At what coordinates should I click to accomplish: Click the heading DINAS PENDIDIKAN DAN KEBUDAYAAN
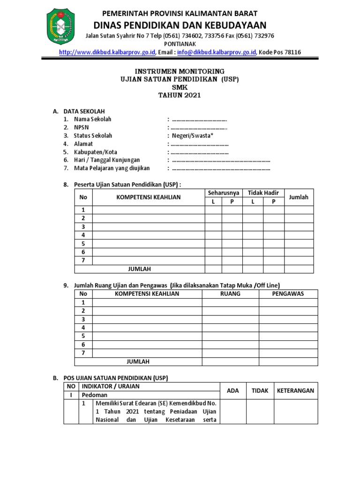pyautogui.click(x=180, y=25)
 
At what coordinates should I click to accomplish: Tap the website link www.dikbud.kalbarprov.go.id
pyautogui.click(x=107, y=52)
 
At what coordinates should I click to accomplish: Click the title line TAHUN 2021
pyautogui.click(x=180, y=96)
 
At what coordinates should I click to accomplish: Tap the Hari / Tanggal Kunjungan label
pyautogui.click(x=107, y=160)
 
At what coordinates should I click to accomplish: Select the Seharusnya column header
pyautogui.click(x=223, y=193)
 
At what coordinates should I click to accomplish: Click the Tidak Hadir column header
pyautogui.click(x=263, y=193)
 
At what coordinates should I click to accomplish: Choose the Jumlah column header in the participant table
pyautogui.click(x=299, y=197)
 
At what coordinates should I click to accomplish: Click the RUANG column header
pyautogui.click(x=230, y=294)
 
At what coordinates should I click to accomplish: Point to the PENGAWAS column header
pyautogui.click(x=288, y=294)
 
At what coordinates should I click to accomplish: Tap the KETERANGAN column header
pyautogui.click(x=295, y=390)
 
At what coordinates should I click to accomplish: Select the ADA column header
pyautogui.click(x=232, y=390)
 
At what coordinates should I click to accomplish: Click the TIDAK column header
pyautogui.click(x=260, y=390)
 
